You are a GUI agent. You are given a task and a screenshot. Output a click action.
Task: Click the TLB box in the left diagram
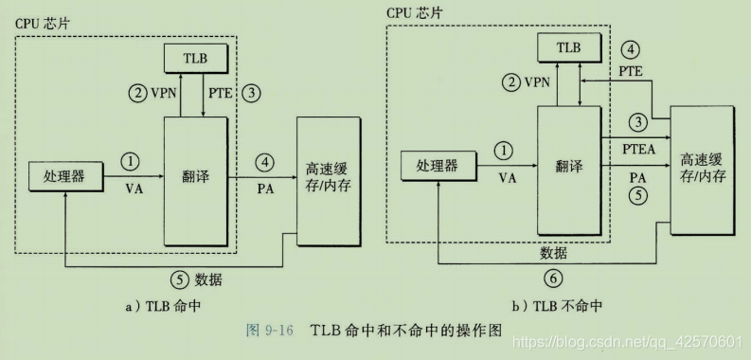click(x=193, y=58)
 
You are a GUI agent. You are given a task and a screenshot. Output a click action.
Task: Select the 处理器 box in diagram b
click(x=438, y=166)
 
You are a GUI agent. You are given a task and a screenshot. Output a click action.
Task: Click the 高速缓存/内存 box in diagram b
click(x=701, y=171)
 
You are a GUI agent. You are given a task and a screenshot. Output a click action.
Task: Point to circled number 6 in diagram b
click(x=555, y=279)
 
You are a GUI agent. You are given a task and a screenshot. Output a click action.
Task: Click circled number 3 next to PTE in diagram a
click(x=251, y=94)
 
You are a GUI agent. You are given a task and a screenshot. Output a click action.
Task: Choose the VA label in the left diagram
click(x=133, y=188)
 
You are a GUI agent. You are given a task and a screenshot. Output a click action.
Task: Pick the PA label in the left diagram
click(x=265, y=188)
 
